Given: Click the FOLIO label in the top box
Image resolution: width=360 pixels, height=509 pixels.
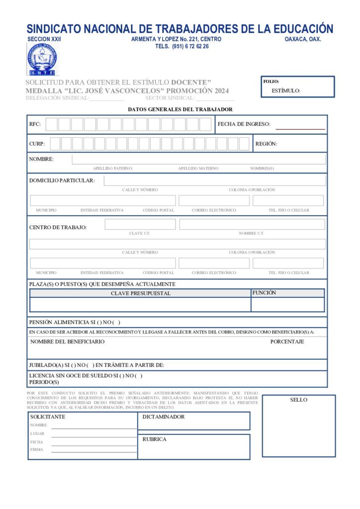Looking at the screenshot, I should tap(271, 81).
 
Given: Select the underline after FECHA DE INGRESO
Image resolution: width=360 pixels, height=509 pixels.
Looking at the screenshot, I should tap(300, 128).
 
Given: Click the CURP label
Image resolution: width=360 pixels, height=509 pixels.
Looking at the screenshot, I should tap(37, 144).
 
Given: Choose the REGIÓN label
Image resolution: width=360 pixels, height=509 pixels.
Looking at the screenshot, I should tap(266, 144).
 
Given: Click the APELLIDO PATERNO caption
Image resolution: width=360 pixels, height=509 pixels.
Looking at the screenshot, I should tap(113, 169).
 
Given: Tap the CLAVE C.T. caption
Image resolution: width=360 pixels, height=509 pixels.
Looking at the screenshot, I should tap(140, 233).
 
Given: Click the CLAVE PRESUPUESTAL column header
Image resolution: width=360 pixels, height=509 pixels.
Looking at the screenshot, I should tap(140, 293).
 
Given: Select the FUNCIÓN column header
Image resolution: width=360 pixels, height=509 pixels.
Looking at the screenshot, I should tap(264, 293).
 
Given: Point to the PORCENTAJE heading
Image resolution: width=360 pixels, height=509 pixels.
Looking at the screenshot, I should tap(287, 341).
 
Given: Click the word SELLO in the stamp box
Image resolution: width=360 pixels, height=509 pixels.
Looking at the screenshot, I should tap(298, 400).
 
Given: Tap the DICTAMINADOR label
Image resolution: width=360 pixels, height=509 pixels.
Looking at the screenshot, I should tap(164, 417).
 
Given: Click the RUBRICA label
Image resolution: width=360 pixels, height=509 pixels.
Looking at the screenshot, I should tap(154, 439).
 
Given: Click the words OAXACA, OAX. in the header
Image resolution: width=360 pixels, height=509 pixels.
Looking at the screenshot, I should tap(303, 39).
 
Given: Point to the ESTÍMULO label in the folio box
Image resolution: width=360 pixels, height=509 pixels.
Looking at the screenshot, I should tap(286, 91).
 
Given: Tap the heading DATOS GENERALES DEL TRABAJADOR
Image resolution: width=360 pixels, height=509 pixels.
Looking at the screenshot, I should tap(180, 109).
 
